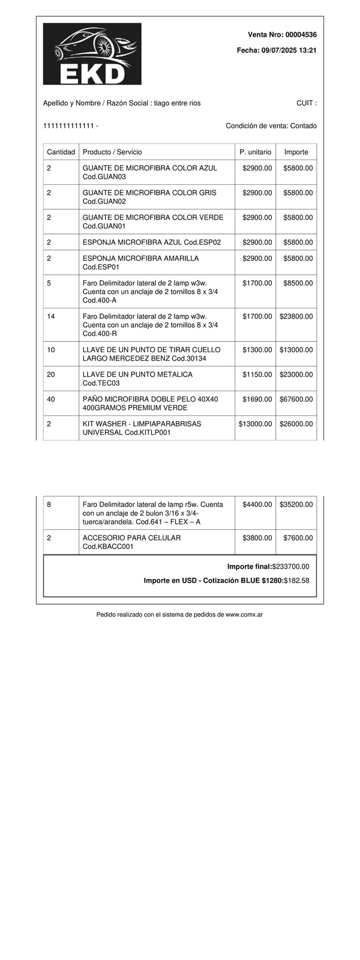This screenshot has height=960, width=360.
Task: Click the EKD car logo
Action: [x=92, y=53]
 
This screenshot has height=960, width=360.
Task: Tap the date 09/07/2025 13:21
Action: [x=289, y=51]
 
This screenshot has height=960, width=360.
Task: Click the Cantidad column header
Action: [x=61, y=152]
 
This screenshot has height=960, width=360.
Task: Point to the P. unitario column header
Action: [x=255, y=152]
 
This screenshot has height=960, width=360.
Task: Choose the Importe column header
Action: [x=296, y=152]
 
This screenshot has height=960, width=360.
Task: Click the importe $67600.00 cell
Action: [x=296, y=399]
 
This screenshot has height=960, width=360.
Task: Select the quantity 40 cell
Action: [x=51, y=399]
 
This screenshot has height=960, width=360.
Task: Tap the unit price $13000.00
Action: [x=256, y=424]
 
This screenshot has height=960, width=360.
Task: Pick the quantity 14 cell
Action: [x=51, y=316]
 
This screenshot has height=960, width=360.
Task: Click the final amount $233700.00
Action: [x=290, y=566]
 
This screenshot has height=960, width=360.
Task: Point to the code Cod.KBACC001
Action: [x=108, y=547]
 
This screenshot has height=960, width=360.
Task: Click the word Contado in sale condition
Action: [x=304, y=126]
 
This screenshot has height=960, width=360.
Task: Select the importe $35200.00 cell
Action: [x=296, y=505]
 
